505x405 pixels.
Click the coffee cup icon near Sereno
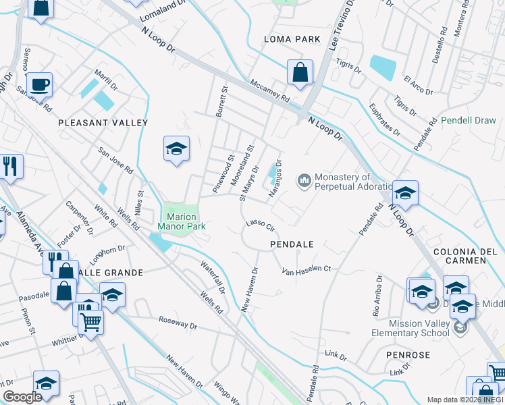click(x=40, y=84)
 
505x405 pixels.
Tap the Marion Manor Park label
click(x=181, y=221)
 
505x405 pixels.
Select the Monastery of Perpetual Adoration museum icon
click(x=304, y=180)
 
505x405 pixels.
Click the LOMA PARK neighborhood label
click(x=292, y=39)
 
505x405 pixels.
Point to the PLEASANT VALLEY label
click(x=103, y=123)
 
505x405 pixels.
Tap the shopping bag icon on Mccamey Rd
click(x=299, y=72)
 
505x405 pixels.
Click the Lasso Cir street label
click(x=261, y=224)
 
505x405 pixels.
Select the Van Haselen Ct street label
click(x=307, y=269)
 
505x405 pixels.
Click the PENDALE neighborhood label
click(x=292, y=244)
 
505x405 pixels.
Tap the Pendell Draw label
click(x=469, y=121)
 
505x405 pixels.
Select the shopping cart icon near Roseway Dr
click(x=90, y=322)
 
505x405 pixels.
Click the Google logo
click(x=22, y=397)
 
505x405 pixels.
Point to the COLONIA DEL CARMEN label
click(x=469, y=256)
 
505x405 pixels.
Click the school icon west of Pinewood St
click(x=176, y=148)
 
